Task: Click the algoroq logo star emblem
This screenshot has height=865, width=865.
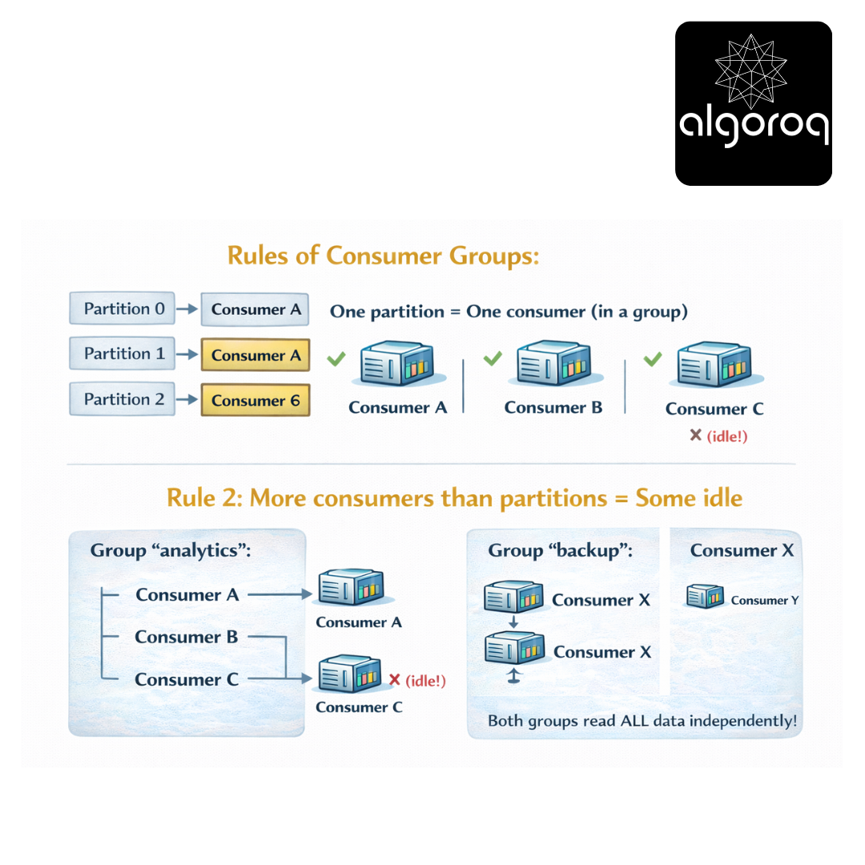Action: click(750, 72)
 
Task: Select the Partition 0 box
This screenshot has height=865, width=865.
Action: click(122, 308)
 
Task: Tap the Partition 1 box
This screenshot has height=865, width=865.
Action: click(122, 354)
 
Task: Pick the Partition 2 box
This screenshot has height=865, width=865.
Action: click(122, 399)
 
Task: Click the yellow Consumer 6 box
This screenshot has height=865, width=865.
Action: click(255, 400)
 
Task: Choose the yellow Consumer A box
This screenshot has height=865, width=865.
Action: click(255, 355)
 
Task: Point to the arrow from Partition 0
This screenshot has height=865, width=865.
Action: click(187, 309)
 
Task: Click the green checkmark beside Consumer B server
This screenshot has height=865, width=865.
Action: click(493, 359)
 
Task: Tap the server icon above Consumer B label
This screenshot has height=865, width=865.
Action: click(554, 363)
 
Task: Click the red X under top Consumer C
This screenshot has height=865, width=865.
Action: click(696, 435)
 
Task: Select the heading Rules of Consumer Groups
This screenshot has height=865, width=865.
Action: click(384, 256)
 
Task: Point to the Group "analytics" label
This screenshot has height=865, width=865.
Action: click(171, 550)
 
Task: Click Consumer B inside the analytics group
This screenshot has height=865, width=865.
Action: click(187, 638)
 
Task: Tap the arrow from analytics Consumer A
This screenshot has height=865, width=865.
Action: click(280, 594)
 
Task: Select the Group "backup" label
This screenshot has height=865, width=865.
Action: click(561, 550)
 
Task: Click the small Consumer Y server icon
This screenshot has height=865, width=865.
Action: click(705, 597)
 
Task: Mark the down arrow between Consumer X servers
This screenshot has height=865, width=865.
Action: click(513, 622)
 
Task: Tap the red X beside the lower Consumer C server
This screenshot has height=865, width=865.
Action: click(394, 680)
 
